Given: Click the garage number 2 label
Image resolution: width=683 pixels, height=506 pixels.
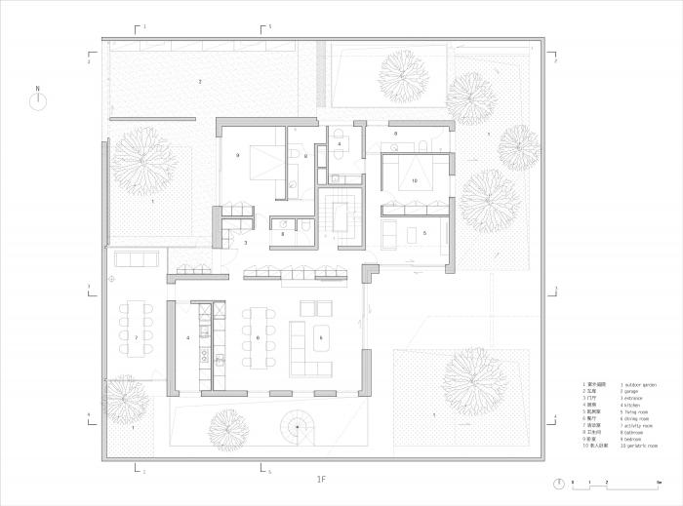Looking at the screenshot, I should coord(200,82).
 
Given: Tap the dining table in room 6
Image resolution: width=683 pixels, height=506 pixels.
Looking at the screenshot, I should coord(259,338).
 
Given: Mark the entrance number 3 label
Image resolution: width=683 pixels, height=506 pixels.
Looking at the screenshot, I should coord(247,242).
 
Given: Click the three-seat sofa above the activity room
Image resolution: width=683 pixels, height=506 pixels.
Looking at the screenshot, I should coord(137,259).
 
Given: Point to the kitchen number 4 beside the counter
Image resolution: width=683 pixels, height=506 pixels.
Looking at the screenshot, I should coord(188,337).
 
